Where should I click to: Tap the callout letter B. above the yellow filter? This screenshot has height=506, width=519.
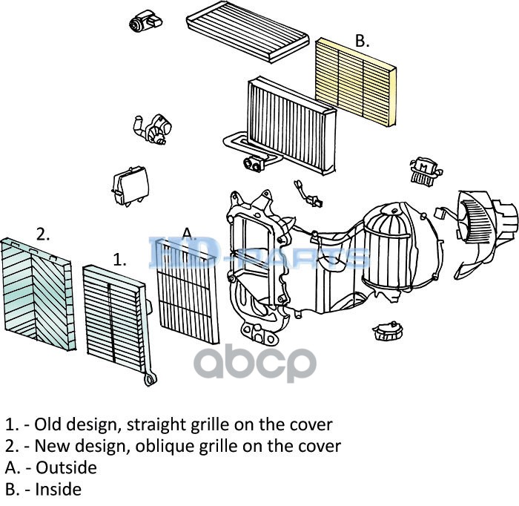[362, 42]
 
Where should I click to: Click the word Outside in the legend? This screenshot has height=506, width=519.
[66, 468]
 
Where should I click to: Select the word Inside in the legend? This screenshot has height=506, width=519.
[59, 490]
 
